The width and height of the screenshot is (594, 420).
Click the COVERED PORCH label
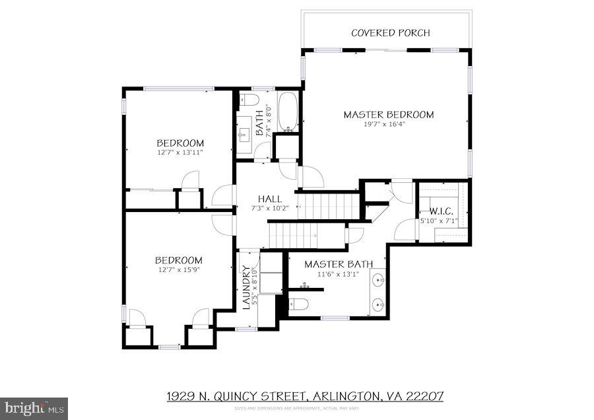click(390, 33)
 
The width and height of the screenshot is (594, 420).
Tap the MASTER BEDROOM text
click(388, 114)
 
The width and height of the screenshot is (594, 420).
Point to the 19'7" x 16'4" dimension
click(388, 123)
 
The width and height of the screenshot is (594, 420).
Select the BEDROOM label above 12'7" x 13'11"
click(180, 143)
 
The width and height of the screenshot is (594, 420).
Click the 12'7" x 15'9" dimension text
click(179, 269)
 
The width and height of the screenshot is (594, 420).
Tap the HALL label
click(270, 199)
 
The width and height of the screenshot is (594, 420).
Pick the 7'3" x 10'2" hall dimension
click(270, 208)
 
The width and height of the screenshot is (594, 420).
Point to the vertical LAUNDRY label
click(246, 287)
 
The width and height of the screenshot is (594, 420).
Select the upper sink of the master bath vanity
click(378, 279)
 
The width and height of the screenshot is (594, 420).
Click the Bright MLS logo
click(34, 407)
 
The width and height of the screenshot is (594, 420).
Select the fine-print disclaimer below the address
click(296, 409)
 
